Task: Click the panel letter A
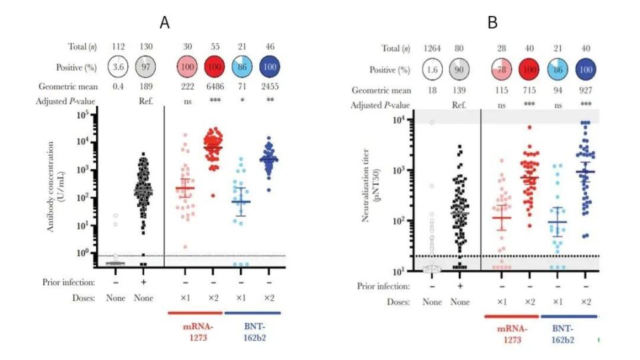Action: tap(165, 23)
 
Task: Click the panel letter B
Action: tap(493, 23)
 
